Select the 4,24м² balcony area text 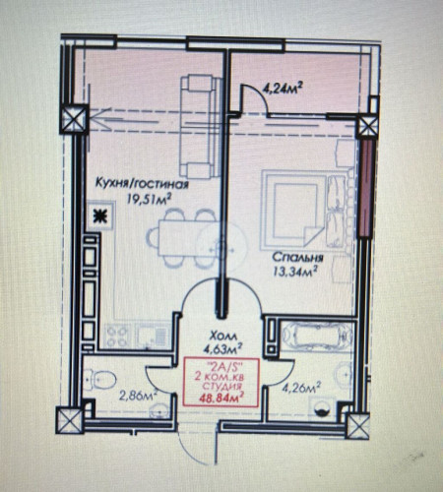281,87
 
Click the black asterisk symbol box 98,218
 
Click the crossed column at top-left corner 74,118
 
